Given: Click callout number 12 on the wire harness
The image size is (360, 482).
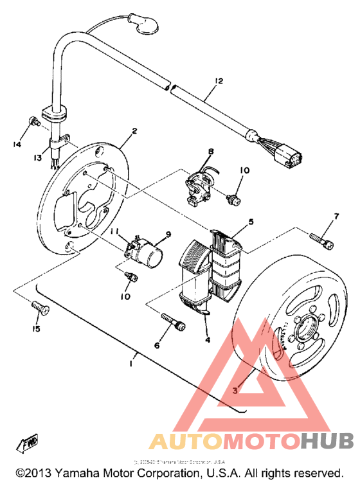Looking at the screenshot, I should pyautogui.click(x=219, y=81).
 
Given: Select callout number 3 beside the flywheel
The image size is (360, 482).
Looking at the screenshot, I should pyautogui.click(x=236, y=390).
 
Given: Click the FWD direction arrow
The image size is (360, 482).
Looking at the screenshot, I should pyautogui.click(x=30, y=445).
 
